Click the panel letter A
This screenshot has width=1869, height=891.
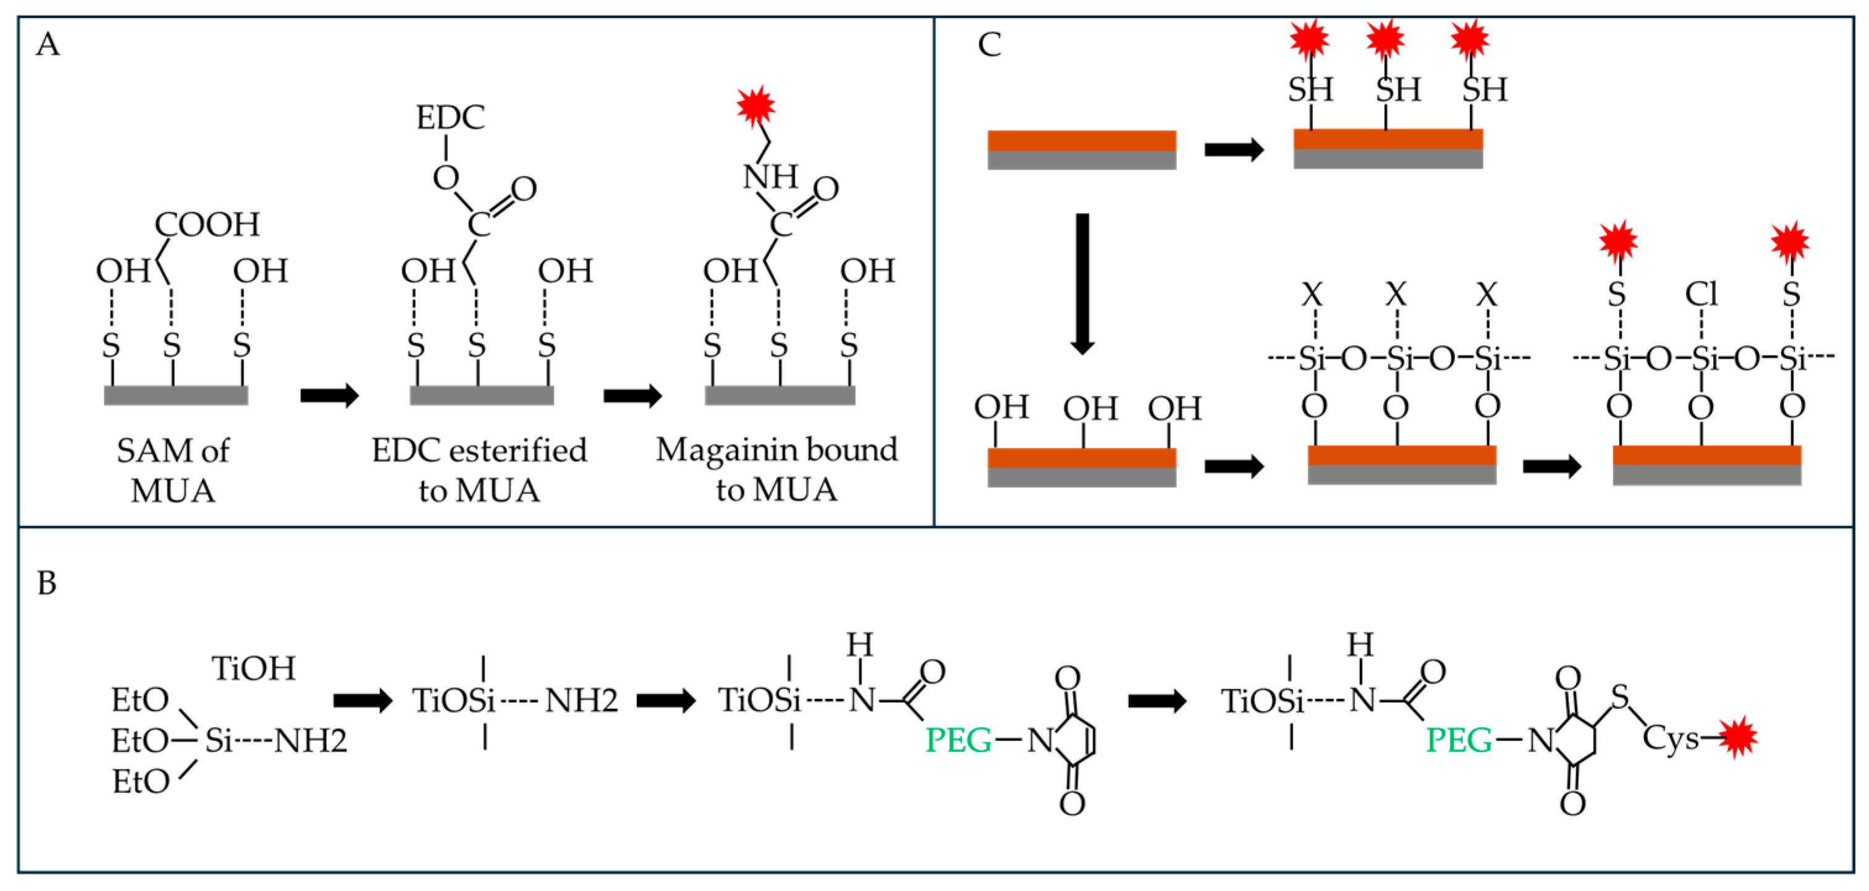point(48,44)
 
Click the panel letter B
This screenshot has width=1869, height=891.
point(46,583)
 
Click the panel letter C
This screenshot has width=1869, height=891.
point(989,44)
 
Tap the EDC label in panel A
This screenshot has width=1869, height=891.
point(450,117)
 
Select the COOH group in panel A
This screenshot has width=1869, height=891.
point(207,224)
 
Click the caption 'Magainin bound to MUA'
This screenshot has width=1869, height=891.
point(777,469)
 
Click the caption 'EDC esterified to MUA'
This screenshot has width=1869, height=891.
point(479,470)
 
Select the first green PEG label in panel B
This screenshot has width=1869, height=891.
point(958,740)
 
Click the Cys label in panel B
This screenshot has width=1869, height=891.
point(1671,738)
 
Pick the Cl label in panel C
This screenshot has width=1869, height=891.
point(1701,295)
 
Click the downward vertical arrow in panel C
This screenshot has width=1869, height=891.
point(1082,283)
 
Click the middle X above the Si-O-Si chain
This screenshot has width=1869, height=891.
point(1396,295)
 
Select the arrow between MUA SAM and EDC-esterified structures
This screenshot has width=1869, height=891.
point(329,395)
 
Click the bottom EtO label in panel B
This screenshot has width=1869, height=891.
point(141,782)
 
